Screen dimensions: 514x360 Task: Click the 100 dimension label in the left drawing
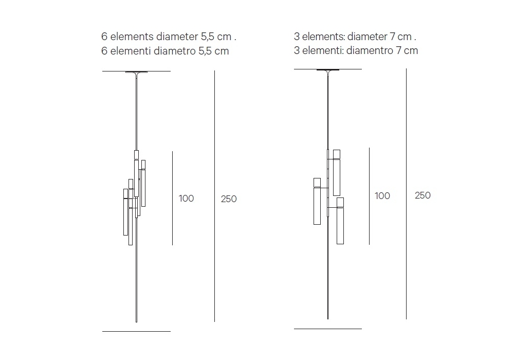click(186, 199)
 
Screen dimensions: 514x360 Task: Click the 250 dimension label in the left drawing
click(229, 199)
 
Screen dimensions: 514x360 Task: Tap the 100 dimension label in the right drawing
click(382, 196)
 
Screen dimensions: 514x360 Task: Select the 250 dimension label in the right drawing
click(423, 195)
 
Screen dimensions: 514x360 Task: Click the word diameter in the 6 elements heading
click(177, 37)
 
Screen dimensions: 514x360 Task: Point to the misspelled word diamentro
click(370, 50)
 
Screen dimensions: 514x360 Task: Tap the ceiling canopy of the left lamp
click(136, 72)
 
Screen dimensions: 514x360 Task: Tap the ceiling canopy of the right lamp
click(328, 70)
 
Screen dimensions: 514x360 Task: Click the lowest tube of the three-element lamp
click(340, 221)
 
